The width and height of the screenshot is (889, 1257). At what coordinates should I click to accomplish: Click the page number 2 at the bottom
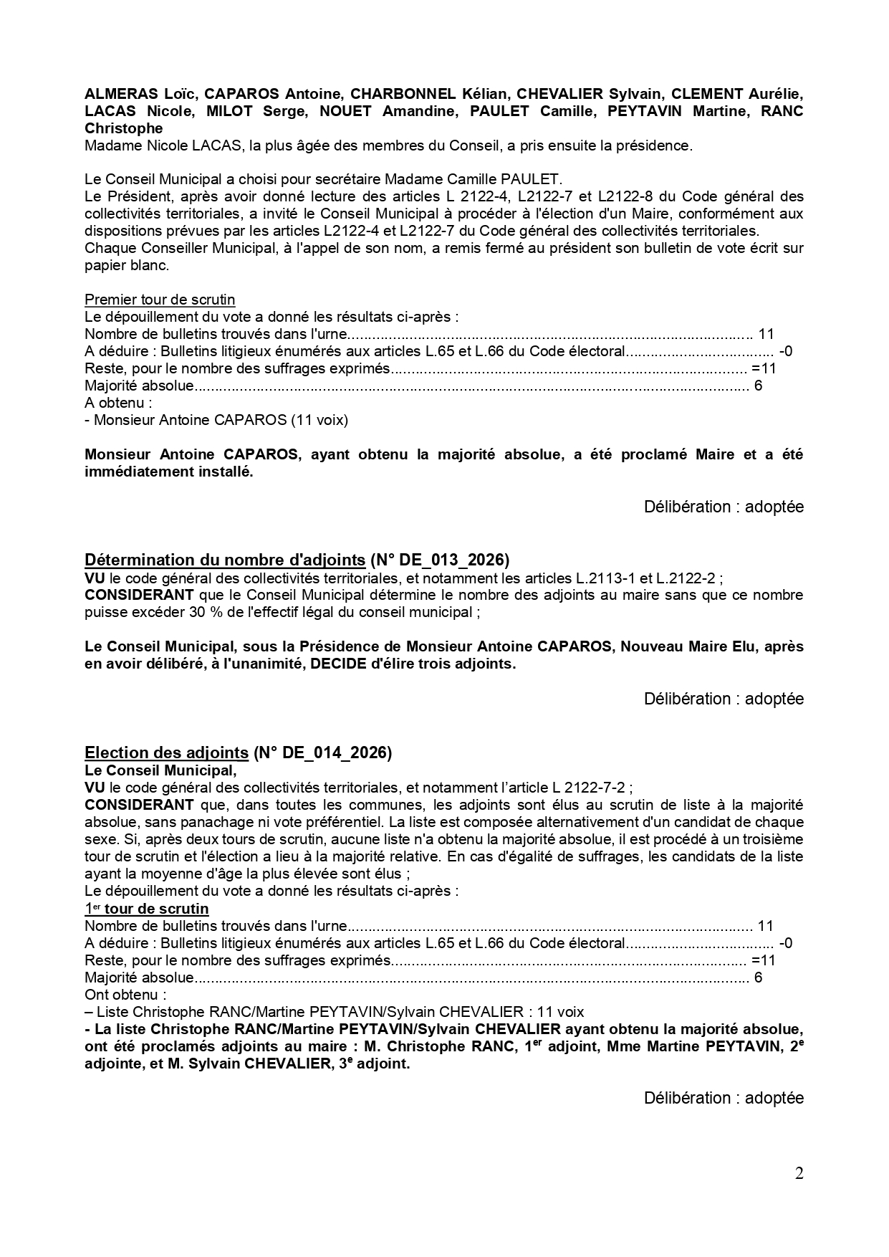(x=799, y=1173)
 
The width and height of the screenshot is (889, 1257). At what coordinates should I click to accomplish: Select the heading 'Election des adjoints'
(x=166, y=752)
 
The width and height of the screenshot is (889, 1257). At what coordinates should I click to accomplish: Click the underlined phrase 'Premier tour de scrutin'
(x=160, y=300)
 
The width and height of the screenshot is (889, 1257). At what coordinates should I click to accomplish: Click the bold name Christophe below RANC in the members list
(x=123, y=128)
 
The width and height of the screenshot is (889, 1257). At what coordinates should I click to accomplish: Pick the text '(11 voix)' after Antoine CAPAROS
(x=319, y=420)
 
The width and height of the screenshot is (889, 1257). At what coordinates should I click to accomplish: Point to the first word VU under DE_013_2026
(x=94, y=578)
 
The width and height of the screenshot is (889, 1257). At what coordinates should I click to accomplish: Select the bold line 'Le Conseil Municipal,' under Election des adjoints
(x=160, y=770)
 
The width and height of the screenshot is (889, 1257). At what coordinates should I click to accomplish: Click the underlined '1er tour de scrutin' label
(x=147, y=909)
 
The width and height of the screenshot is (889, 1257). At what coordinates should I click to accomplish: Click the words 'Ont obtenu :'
(x=125, y=995)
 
